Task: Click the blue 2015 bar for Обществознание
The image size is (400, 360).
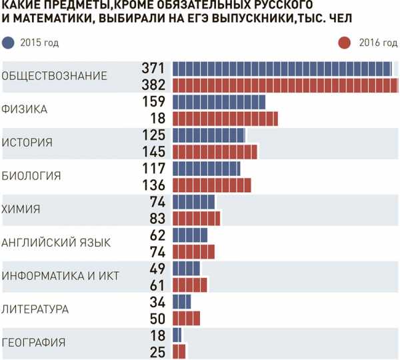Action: [x=282, y=69]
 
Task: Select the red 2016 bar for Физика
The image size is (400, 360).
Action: [x=225, y=119]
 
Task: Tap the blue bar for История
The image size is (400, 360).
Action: [x=209, y=135]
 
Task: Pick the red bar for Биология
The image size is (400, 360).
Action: [x=212, y=185]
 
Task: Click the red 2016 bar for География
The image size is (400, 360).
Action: [x=179, y=351]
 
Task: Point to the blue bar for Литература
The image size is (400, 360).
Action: [x=182, y=301]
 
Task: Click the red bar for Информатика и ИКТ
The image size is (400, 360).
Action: [x=190, y=285]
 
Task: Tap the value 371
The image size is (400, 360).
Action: [x=154, y=69]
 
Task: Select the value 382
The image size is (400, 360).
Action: [x=154, y=85]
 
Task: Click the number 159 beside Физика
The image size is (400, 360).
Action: [x=154, y=102]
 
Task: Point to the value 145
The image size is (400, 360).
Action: [x=154, y=151]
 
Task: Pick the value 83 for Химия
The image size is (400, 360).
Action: [x=157, y=218]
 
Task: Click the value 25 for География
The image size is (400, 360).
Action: [x=157, y=351]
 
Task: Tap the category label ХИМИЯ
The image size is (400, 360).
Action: [x=22, y=209]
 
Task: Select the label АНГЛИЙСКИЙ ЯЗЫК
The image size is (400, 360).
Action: [x=56, y=243]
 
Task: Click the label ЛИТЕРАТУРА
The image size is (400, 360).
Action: [x=36, y=309]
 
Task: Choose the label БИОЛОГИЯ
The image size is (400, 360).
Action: [x=31, y=176]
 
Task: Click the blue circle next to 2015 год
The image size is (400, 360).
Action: [x=9, y=43]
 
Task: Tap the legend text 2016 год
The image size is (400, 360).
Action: [x=375, y=43]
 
